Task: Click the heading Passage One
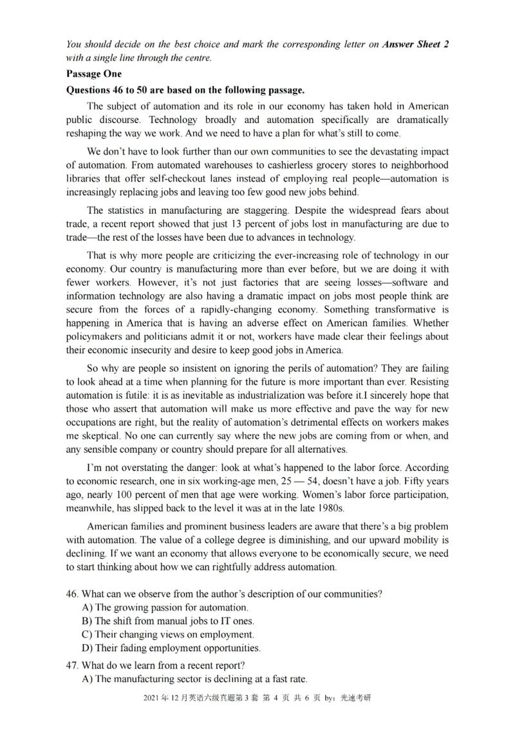pyautogui.click(x=94, y=74)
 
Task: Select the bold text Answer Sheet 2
pyautogui.click(x=415, y=44)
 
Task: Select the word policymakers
pyautogui.click(x=98, y=337)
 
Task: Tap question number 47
pyautogui.click(x=73, y=665)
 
